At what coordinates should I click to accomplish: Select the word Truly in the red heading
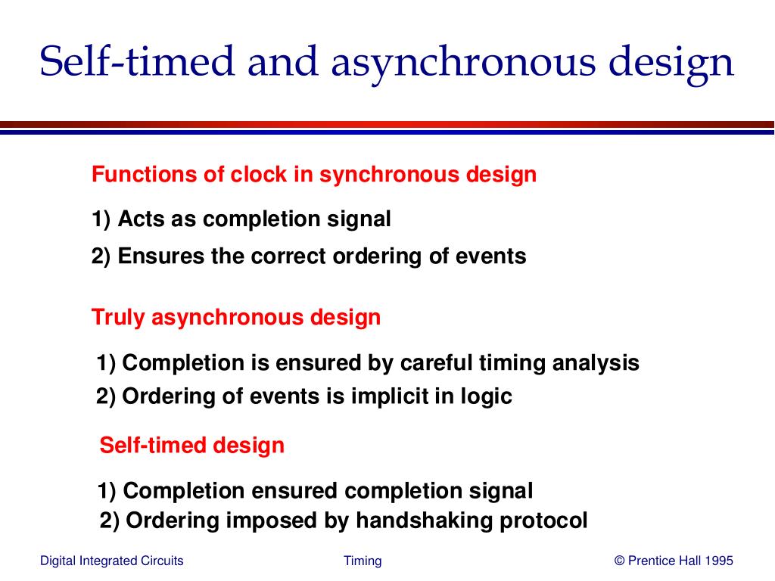point(118,317)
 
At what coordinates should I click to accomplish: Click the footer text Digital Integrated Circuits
point(111,561)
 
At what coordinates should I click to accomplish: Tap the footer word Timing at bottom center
point(363,561)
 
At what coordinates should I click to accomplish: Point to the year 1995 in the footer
point(718,561)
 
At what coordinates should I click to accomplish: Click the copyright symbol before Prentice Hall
point(620,561)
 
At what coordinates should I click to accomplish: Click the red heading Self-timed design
point(192,445)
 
